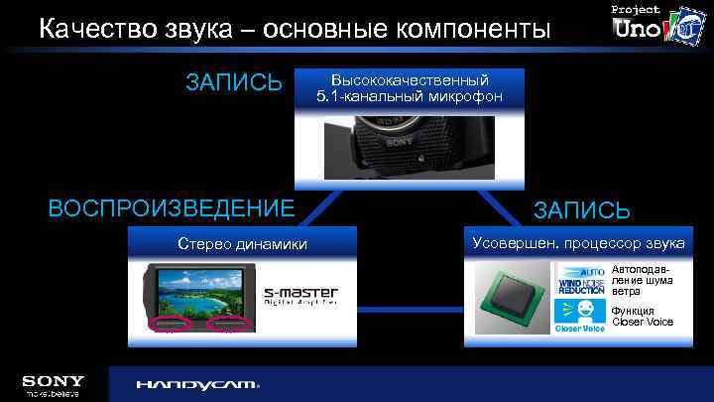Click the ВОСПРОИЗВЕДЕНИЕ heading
pyautogui.click(x=172, y=208)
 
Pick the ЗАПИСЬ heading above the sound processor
pyautogui.click(x=582, y=210)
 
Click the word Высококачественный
pyautogui.click(x=410, y=79)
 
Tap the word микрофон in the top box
pyautogui.click(x=463, y=96)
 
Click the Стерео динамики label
pyautogui.click(x=242, y=244)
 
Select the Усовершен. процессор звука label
pyautogui.click(x=579, y=243)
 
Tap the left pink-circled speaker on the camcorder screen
pyautogui.click(x=166, y=325)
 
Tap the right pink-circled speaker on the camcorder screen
pyautogui.click(x=227, y=325)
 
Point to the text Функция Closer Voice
pyautogui.click(x=643, y=316)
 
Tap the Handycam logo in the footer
pyautogui.click(x=197, y=384)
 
